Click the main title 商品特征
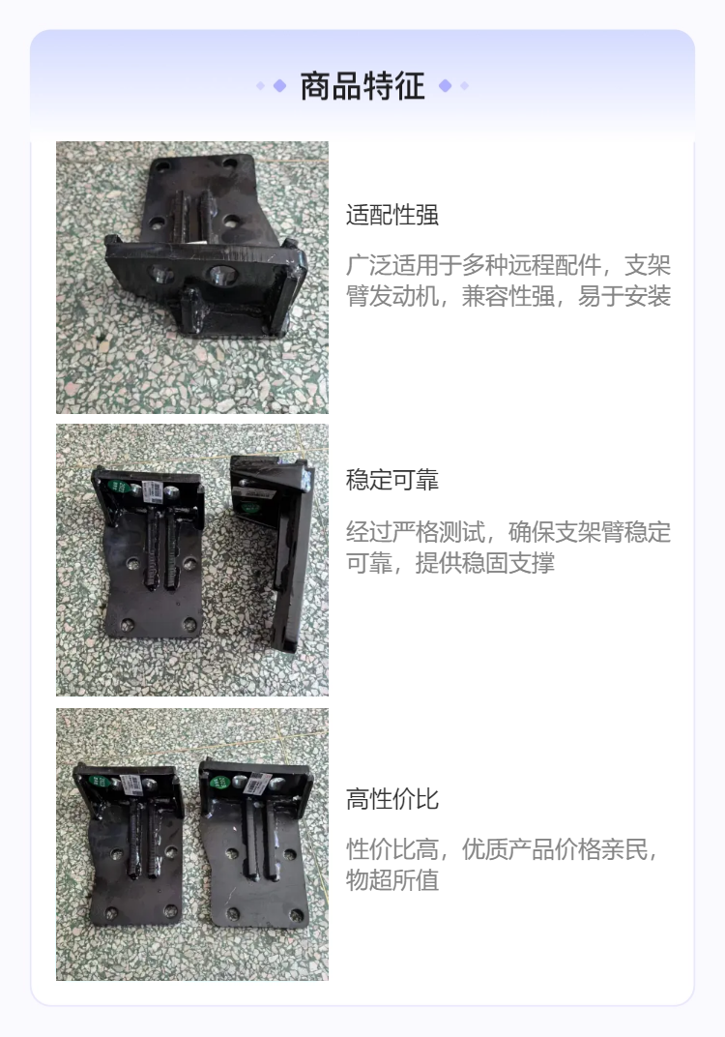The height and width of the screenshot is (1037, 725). coord(362,86)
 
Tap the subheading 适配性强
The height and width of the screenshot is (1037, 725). coord(391,215)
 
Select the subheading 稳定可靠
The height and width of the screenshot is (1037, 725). coord(391,480)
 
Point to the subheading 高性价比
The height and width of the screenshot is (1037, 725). coord(391,799)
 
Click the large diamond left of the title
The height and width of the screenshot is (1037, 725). coord(279,85)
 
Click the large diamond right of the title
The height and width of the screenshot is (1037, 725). coord(446,85)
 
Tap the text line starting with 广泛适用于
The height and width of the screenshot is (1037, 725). coord(508,265)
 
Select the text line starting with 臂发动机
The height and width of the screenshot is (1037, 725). coord(508,296)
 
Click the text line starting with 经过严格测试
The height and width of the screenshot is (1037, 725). coord(508,532)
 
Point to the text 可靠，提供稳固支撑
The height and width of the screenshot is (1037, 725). coord(450,563)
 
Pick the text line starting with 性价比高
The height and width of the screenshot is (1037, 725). coord(503,849)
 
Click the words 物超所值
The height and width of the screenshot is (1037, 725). coord(391,880)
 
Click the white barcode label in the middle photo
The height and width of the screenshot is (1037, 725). coord(153,489)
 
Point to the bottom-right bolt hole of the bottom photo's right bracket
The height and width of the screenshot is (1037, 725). coord(297,916)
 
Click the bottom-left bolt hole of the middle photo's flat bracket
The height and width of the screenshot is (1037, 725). coord(127,624)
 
